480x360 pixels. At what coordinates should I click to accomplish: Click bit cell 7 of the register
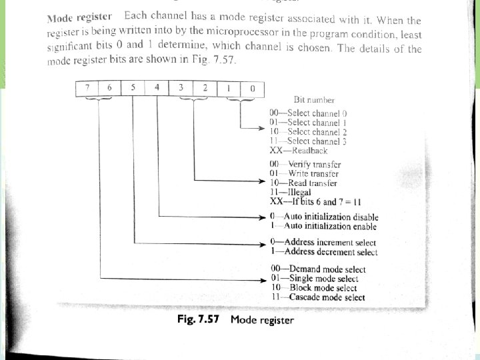[x=87, y=88]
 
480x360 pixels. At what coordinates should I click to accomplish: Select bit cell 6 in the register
[x=110, y=88]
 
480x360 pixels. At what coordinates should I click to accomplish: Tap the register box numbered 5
[x=133, y=88]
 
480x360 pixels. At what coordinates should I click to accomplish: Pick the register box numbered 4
[x=157, y=88]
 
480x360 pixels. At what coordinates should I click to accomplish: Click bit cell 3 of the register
[x=181, y=88]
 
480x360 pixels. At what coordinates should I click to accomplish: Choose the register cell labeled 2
[x=205, y=88]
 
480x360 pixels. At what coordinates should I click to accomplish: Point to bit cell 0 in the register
[x=252, y=88]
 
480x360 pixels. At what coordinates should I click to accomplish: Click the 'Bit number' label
[x=313, y=101]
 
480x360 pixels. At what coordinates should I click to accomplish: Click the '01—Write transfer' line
[x=304, y=173]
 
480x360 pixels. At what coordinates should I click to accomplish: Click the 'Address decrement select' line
[x=323, y=252]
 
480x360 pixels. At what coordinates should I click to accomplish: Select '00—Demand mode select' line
[x=317, y=269]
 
